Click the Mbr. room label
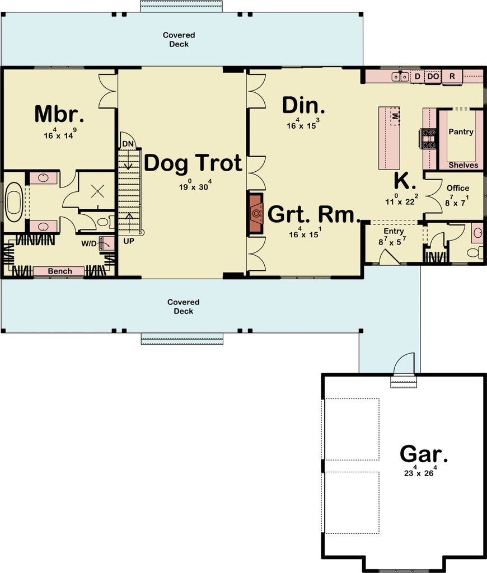point(59,114)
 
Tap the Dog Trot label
point(193,163)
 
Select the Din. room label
point(303,105)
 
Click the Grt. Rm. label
point(313,214)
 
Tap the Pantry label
point(461,132)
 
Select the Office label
point(458,188)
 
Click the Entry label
point(394,231)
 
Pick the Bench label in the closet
point(59,271)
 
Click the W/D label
point(88,243)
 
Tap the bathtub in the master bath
point(14,200)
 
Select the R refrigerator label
point(452,77)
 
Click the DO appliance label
point(433,77)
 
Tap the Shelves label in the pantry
point(463,165)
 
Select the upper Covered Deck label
point(179,40)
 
